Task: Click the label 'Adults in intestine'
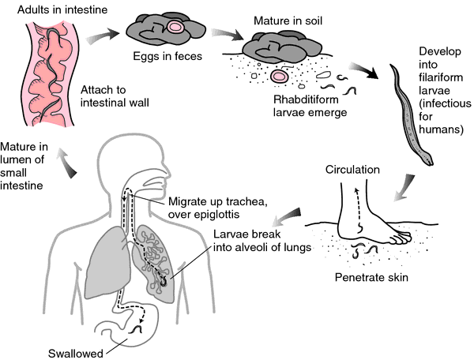tap(62, 9)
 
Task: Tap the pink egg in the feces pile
tap(175, 27)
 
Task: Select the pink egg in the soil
tap(279, 76)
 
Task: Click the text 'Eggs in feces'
tap(167, 56)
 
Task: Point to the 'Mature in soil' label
tap(288, 21)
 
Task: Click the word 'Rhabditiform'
tap(306, 99)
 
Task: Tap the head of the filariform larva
tap(429, 159)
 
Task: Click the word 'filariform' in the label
tap(441, 77)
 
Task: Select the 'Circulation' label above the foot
tap(352, 170)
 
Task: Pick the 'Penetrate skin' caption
tap(371, 277)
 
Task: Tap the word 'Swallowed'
tap(76, 354)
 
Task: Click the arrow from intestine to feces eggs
tap(102, 36)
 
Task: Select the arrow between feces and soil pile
tap(227, 34)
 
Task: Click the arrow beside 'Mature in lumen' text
tap(67, 163)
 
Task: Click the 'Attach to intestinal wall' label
tap(115, 96)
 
